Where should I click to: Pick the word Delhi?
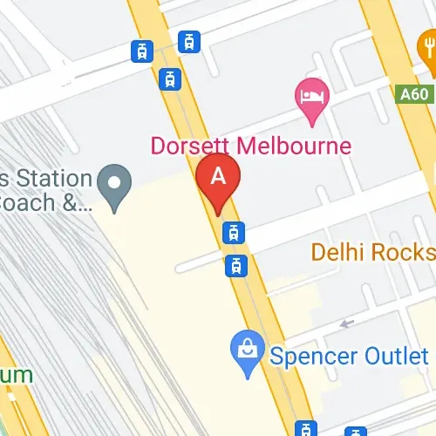coord(338,253)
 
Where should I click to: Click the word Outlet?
coord(399,356)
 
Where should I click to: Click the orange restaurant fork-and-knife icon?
coord(427,44)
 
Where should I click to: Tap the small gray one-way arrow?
coord(347,324)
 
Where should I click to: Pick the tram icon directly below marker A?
coord(233,233)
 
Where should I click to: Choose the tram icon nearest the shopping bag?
coord(235,265)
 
